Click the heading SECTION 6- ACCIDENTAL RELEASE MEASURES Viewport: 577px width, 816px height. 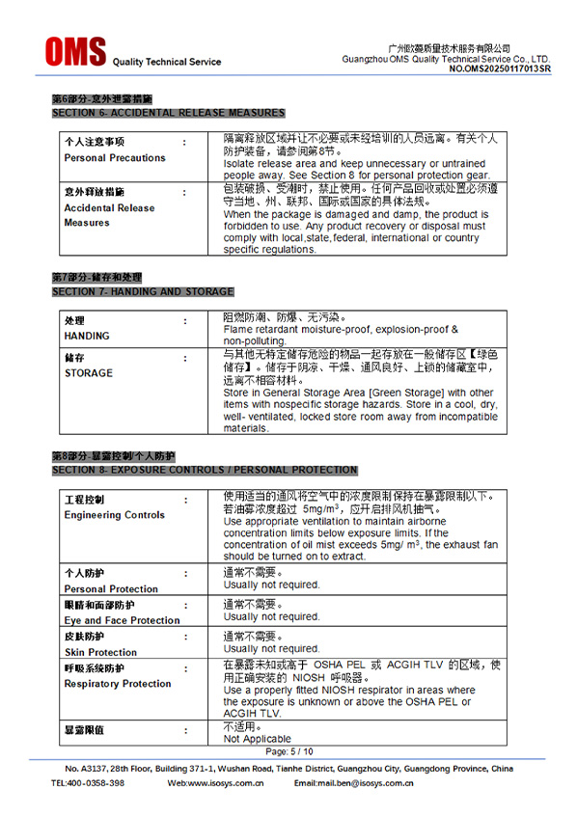[168, 113]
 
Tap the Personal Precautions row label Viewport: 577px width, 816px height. [115, 158]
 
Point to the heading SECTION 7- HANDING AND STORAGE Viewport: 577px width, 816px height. [143, 291]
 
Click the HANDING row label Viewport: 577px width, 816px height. [87, 336]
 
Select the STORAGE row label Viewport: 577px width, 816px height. [89, 373]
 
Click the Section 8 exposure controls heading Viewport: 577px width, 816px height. [205, 470]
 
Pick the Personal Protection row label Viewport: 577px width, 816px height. [111, 588]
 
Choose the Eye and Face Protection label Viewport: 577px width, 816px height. [122, 620]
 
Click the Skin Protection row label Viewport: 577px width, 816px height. [100, 652]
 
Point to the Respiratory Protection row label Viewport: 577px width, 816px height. [118, 684]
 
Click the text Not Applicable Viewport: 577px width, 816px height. [257, 739]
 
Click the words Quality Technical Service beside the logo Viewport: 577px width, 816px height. [167, 62]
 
